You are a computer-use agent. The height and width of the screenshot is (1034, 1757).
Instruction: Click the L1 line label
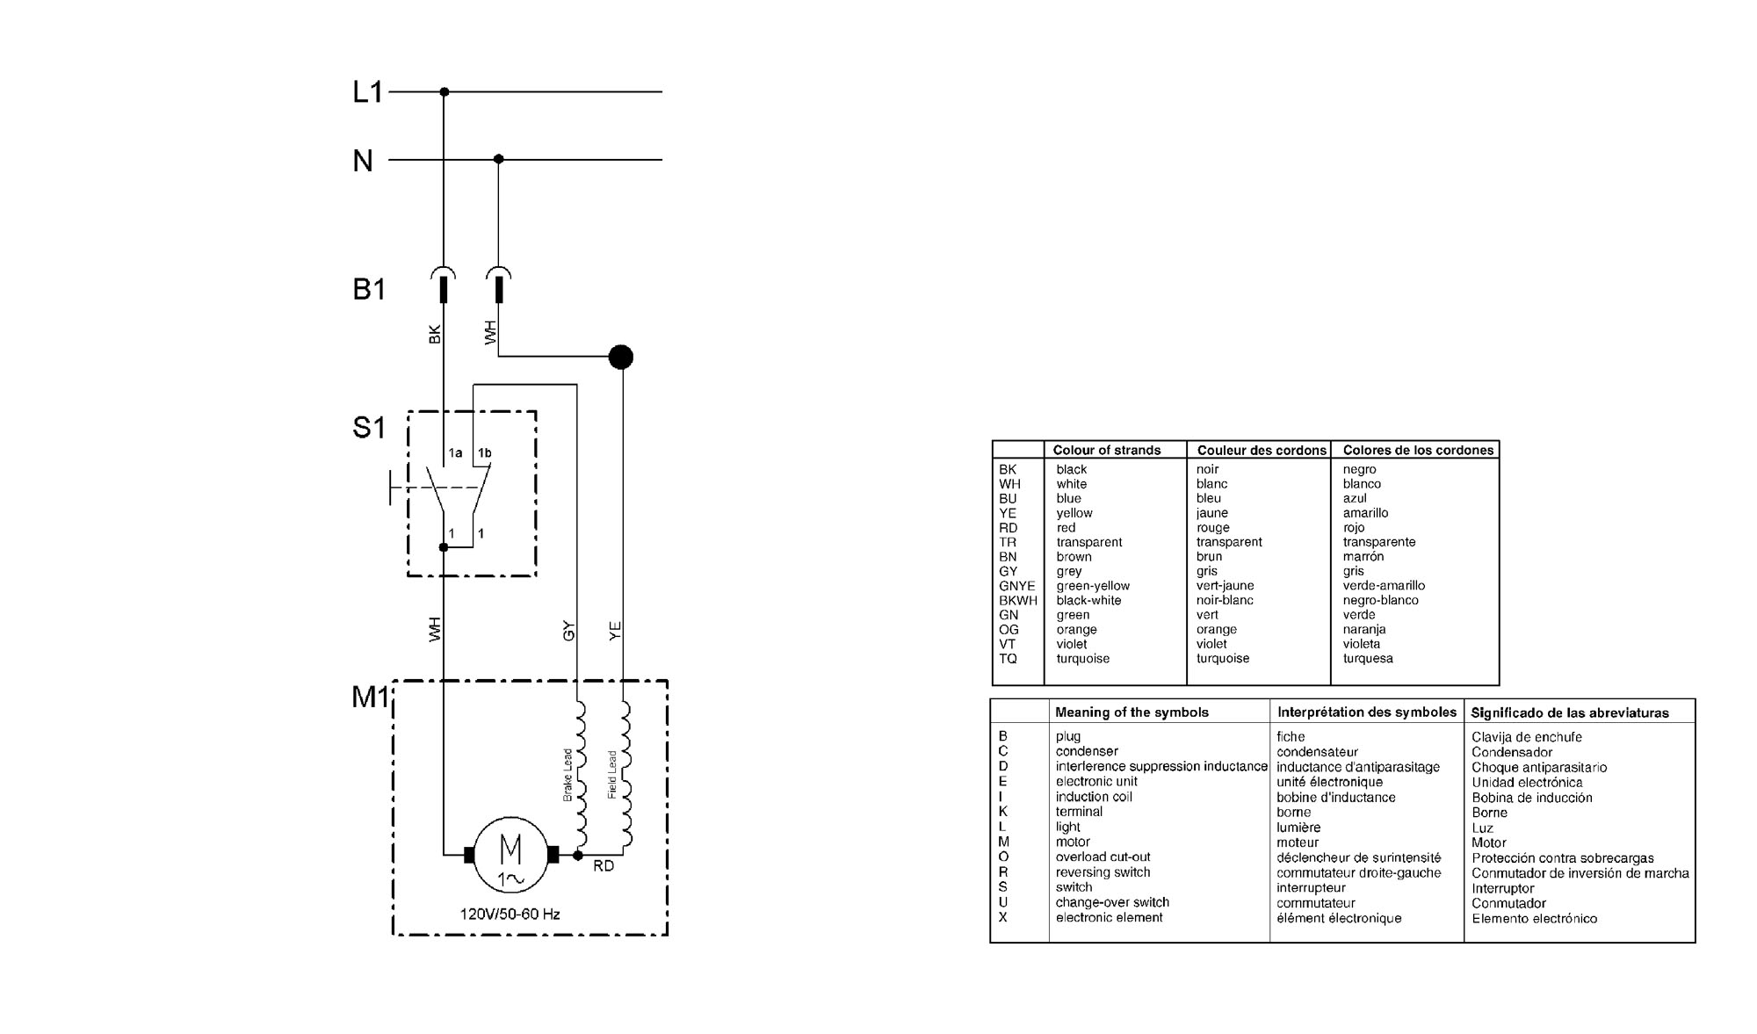click(x=367, y=92)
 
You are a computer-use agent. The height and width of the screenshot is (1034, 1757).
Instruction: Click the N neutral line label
click(x=363, y=161)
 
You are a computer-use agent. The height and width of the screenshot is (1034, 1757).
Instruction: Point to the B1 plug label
click(x=369, y=289)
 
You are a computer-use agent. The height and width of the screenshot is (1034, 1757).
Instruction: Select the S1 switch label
click(x=369, y=428)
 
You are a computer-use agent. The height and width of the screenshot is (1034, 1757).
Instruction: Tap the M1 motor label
click(x=370, y=697)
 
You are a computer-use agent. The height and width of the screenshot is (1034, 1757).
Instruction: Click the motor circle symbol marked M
click(x=510, y=854)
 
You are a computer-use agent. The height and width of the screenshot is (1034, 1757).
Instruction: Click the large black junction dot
click(x=621, y=357)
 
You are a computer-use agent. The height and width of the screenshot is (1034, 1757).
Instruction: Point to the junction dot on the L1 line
click(x=444, y=91)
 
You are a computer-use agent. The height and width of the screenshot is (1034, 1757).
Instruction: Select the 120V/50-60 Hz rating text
click(x=510, y=914)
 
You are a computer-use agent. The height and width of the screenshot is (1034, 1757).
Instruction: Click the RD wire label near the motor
click(x=604, y=866)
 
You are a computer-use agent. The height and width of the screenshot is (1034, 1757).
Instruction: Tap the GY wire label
click(x=568, y=630)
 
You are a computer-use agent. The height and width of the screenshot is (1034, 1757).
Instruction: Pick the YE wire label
click(x=615, y=630)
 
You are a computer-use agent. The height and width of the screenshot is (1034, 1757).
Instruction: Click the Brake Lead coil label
click(x=568, y=775)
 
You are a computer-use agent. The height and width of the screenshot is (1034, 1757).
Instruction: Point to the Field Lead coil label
click(x=612, y=775)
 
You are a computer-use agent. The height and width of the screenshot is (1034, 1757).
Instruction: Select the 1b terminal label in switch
click(x=484, y=453)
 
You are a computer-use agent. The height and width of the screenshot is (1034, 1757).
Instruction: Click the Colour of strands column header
click(x=1107, y=450)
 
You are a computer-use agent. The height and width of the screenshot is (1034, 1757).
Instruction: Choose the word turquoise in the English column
click(x=1083, y=659)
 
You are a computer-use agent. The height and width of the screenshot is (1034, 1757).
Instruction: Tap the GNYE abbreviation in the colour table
click(x=1017, y=586)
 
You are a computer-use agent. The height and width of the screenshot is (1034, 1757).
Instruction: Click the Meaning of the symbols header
click(x=1132, y=712)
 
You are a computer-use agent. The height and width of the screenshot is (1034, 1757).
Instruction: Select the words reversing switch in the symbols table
click(x=1103, y=872)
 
